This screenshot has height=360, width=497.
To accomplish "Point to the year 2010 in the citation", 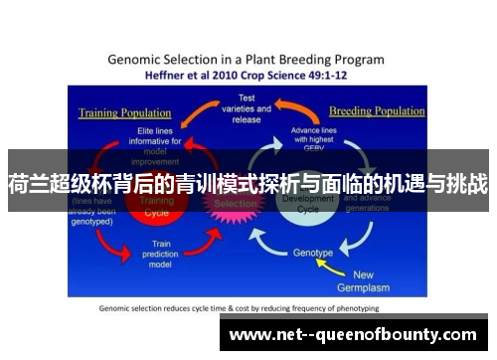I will [239, 75].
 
